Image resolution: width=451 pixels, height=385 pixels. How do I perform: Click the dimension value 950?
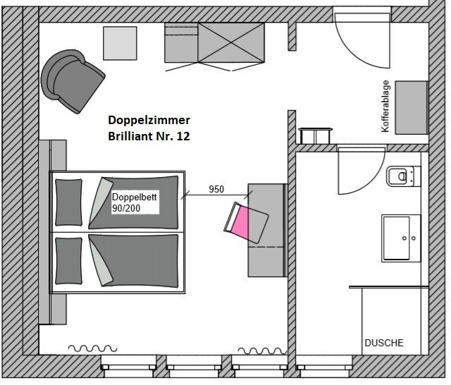(x=216, y=189)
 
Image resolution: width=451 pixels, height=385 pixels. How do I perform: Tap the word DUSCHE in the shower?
(x=383, y=343)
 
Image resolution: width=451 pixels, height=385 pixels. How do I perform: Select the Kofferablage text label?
(x=385, y=106)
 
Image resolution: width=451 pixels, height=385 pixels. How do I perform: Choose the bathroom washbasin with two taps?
(x=401, y=238)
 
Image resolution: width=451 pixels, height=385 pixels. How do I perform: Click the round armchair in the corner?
(x=73, y=81)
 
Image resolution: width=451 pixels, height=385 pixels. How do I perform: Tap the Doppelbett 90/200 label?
(x=135, y=202)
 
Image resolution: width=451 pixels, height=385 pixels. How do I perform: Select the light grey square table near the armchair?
(x=120, y=44)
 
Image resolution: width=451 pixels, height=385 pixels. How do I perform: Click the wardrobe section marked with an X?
(x=231, y=43)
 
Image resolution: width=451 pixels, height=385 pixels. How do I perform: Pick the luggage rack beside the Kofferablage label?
(x=412, y=108)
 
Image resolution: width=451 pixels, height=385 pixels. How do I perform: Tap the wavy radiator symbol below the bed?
(x=92, y=348)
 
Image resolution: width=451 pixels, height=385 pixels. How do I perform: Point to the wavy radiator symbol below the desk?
(x=262, y=350)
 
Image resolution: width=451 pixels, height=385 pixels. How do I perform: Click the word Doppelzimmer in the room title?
(x=149, y=120)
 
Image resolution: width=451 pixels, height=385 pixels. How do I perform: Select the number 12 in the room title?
(x=183, y=136)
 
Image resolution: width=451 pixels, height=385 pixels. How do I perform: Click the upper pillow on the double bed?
(x=68, y=202)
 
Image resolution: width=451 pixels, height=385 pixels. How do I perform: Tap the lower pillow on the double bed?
(x=68, y=261)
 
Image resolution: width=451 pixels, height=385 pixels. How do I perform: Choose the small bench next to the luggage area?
(x=316, y=136)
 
